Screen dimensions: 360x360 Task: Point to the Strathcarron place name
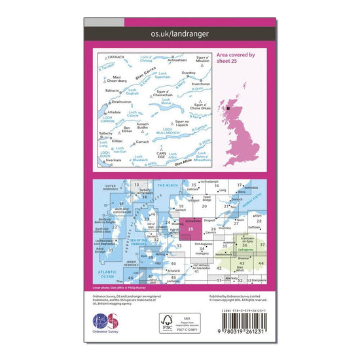(x=124, y=102)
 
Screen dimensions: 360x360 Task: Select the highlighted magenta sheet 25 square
(x=189, y=228)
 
